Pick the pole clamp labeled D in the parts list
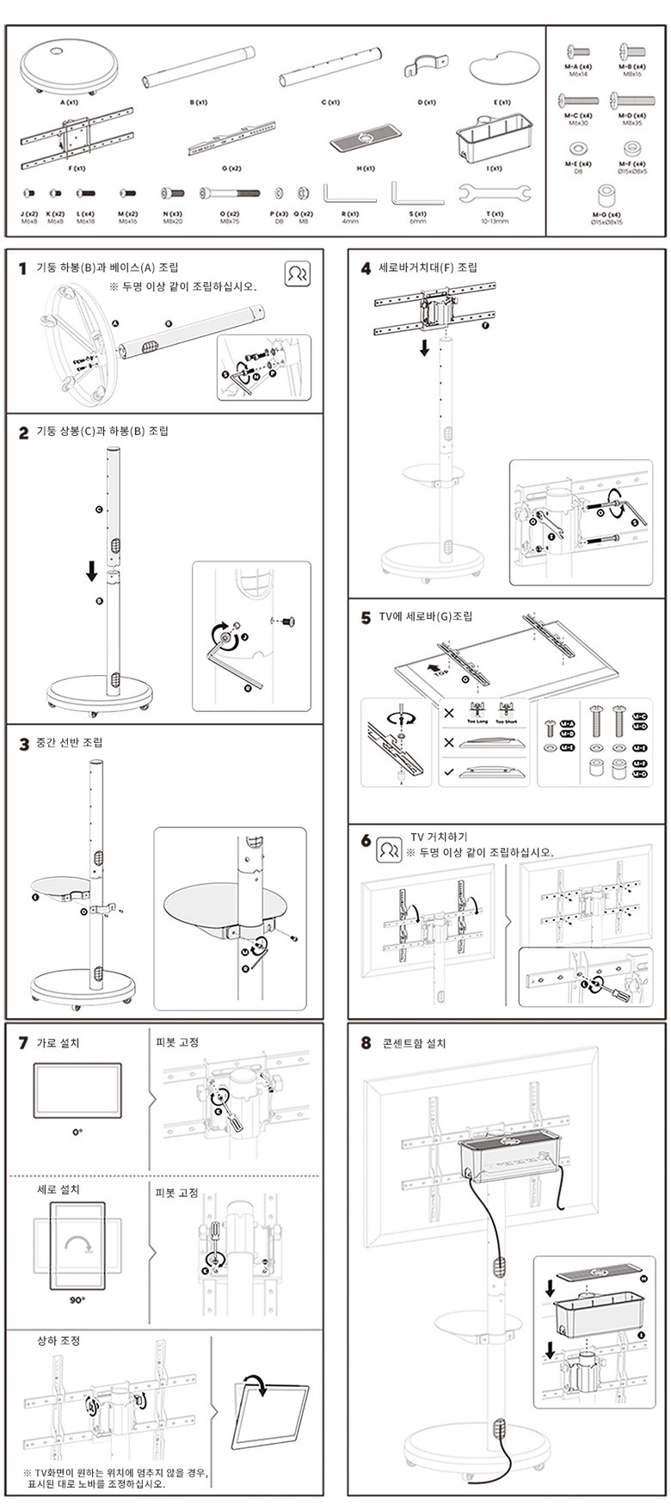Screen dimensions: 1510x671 426,66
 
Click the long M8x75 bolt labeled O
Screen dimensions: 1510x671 230,193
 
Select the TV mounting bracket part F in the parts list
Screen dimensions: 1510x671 77,137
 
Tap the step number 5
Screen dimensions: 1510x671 366,618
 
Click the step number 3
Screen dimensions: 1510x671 24,744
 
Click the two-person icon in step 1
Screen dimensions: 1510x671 297,273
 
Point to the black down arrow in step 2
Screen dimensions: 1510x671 92,571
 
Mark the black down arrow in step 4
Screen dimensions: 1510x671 424,347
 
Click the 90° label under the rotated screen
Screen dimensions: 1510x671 77,1300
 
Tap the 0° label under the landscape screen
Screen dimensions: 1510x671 77,1132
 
